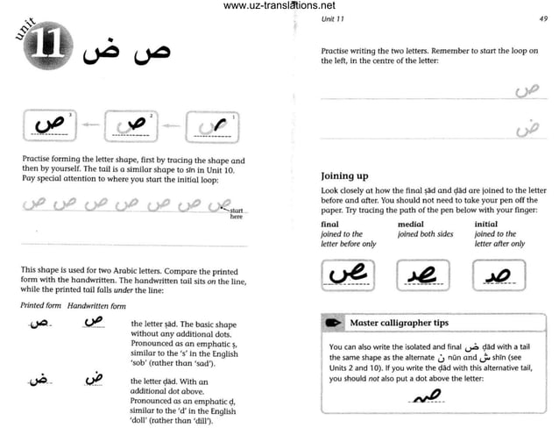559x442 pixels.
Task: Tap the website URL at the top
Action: [279, 6]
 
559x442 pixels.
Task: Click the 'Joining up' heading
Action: [350, 175]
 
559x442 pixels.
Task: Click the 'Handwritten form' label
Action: [97, 305]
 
